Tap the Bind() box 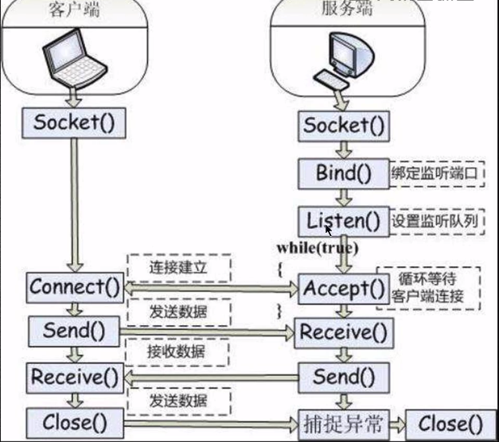342,173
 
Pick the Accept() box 342,288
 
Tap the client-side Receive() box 76,375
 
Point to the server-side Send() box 345,375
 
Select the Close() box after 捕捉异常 450,422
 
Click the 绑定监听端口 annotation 436,173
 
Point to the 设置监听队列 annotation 436,221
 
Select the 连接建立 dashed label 178,268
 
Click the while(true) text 318,248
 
